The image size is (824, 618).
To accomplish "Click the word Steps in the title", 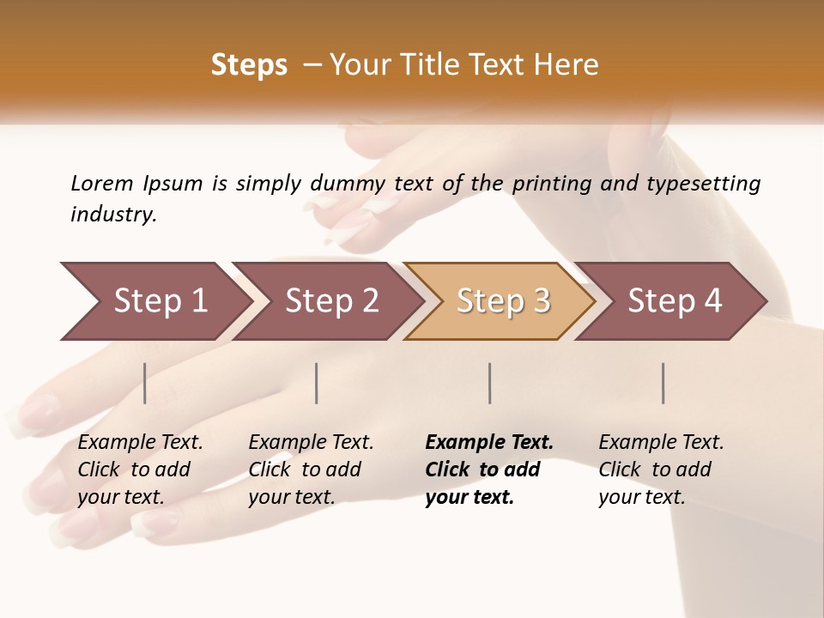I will click(249, 65).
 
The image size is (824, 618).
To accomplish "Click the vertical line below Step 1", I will click(145, 383).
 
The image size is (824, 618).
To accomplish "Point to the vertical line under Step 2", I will click(317, 383).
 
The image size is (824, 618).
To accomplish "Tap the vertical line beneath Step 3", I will click(490, 383).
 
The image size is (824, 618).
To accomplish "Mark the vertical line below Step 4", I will click(663, 383).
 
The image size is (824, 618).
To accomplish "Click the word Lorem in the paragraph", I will click(102, 183).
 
